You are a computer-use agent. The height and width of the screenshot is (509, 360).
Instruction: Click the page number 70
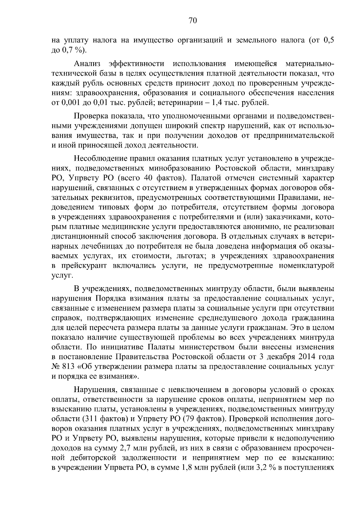pyautogui.click(x=193, y=21)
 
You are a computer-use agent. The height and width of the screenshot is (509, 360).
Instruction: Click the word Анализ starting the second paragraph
pyautogui.click(x=87, y=64)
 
